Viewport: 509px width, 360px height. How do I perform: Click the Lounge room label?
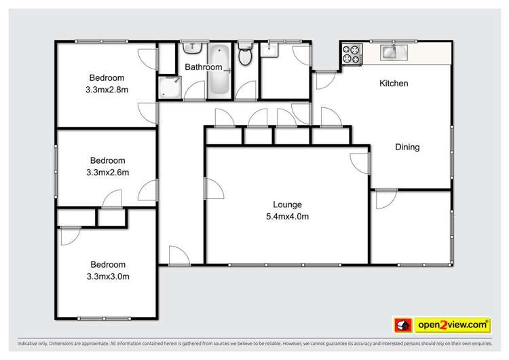point(286,204)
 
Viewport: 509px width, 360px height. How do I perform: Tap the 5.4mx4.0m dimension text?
point(287,217)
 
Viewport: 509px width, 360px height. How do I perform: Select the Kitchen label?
point(393,84)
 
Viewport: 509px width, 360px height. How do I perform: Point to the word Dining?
point(407,147)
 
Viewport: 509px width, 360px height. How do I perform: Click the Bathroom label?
point(204,67)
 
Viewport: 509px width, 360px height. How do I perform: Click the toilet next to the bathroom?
point(246,56)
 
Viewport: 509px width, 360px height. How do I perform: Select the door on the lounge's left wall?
point(213,187)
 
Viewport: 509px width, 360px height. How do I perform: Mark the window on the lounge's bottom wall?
point(285,264)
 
